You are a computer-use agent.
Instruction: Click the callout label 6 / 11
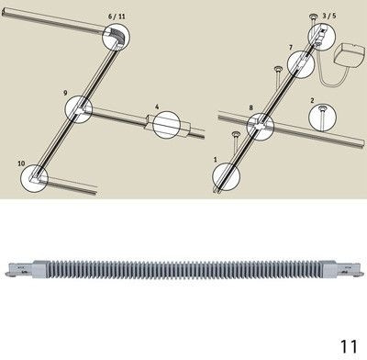(117, 17)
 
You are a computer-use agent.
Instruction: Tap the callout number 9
(65, 93)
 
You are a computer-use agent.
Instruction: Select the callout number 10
(21, 163)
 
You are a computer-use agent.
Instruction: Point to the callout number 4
(157, 107)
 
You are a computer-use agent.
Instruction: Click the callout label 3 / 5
(329, 16)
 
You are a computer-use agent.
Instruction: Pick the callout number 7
(291, 48)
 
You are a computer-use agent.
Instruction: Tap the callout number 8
(251, 107)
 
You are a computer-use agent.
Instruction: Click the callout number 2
(312, 100)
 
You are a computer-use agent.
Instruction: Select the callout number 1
(216, 160)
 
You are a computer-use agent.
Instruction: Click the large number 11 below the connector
(349, 346)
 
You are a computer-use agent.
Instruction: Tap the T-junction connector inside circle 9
(80, 109)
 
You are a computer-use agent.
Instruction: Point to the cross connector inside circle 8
(261, 126)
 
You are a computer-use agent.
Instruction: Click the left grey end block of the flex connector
(39, 268)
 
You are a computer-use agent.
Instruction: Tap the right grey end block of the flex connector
(330, 268)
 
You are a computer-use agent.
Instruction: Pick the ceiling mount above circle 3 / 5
(314, 17)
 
